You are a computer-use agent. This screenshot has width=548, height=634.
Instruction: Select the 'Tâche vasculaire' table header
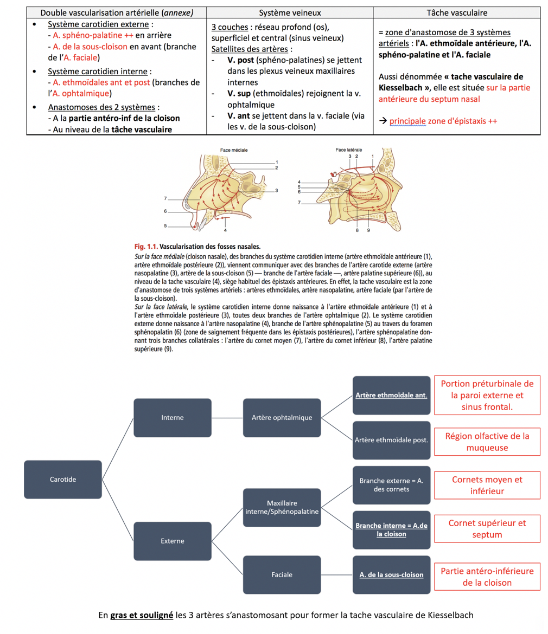[457, 12]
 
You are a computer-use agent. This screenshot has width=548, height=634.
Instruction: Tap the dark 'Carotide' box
[63, 480]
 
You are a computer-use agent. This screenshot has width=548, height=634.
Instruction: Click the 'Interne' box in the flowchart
[172, 418]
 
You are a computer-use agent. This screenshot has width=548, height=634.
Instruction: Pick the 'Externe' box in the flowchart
[172, 541]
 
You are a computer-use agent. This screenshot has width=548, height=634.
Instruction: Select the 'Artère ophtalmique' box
[282, 418]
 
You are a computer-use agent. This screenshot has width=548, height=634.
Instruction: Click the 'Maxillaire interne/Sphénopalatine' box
[282, 507]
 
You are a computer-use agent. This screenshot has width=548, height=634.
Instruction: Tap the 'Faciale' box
[282, 574]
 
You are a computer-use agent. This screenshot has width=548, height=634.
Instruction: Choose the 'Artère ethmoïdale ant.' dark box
[391, 395]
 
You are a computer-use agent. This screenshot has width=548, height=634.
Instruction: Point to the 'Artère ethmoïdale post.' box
[391, 440]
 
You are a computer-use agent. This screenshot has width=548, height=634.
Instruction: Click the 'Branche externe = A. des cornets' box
[391, 485]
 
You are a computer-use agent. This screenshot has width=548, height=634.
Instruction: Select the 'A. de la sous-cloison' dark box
[391, 574]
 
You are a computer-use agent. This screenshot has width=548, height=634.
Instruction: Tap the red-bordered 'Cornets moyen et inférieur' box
[487, 485]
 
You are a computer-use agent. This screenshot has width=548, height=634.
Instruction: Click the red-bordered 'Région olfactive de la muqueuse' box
[487, 441]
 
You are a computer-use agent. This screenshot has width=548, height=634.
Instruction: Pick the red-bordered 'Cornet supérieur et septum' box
[487, 529]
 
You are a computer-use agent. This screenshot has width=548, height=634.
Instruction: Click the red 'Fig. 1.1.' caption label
[146, 247]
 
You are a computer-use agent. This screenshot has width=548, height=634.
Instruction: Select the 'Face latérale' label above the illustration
[348, 150]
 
